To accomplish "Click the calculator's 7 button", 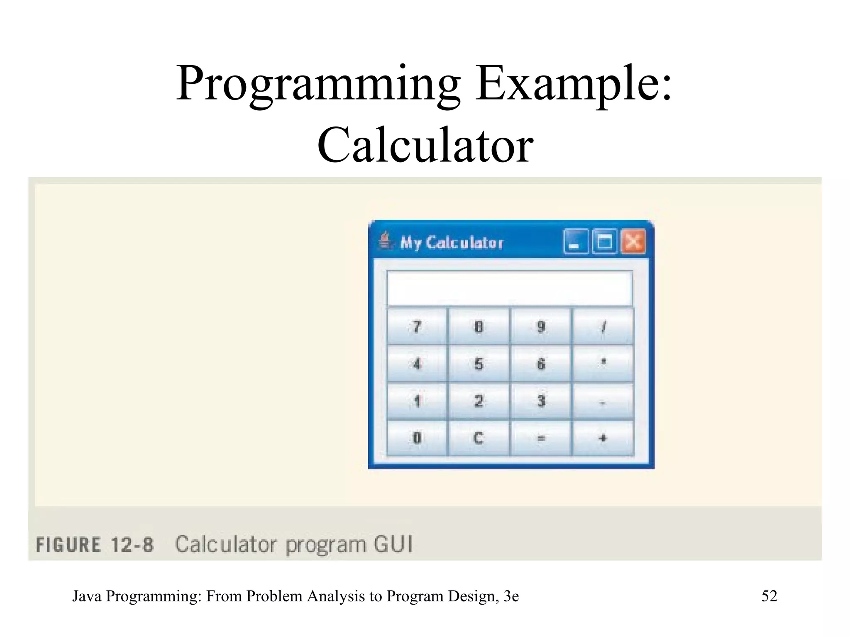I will [x=417, y=326].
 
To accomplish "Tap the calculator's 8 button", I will [x=479, y=326].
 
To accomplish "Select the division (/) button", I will [x=603, y=326].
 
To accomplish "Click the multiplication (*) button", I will [x=603, y=363].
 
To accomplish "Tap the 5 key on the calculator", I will [x=479, y=363].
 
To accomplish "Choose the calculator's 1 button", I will [x=417, y=401].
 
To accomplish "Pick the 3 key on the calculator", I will [x=541, y=401].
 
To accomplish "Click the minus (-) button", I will [x=603, y=401].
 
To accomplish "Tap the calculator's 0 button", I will [x=417, y=438].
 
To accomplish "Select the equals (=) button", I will [x=541, y=438].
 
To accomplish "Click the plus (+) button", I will [x=603, y=438].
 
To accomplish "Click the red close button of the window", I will [x=633, y=241].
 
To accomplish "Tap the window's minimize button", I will [x=576, y=241].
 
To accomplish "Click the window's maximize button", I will [x=604, y=241].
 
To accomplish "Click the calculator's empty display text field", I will [x=510, y=288].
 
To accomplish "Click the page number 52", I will [x=769, y=596].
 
